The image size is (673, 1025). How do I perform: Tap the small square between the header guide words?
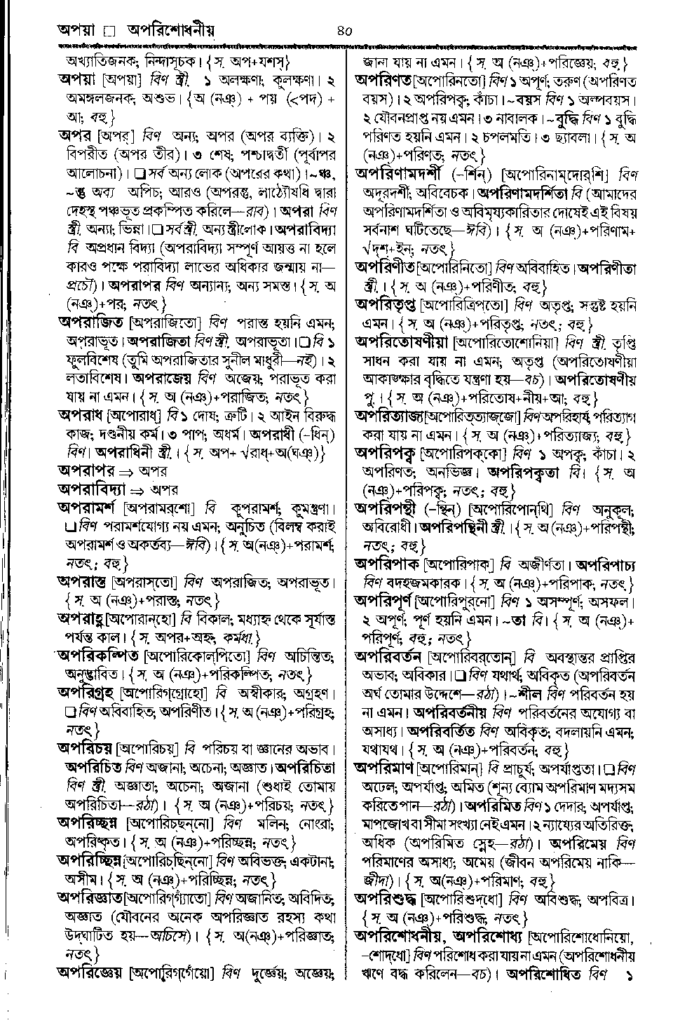click(109, 32)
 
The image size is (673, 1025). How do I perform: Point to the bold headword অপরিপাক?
click(387, 564)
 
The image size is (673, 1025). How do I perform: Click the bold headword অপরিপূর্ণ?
click(383, 601)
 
